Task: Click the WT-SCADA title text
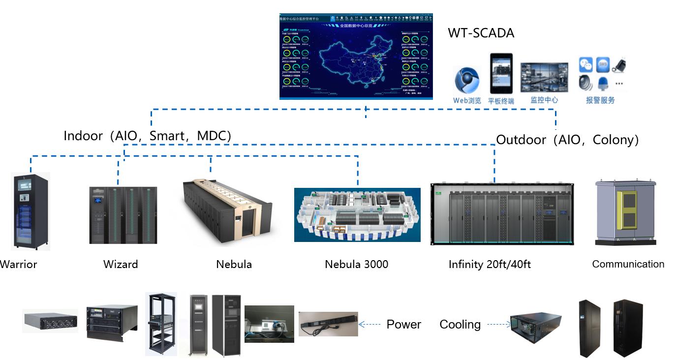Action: [x=481, y=33]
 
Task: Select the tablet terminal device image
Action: [x=501, y=73]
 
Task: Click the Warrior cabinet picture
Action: [x=31, y=211]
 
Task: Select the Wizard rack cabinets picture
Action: [x=123, y=215]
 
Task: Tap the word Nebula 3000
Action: [x=356, y=264]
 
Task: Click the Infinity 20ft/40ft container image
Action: [x=502, y=214]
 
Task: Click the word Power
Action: [x=403, y=324]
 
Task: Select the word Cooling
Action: [x=460, y=324]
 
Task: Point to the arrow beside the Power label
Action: [x=369, y=324]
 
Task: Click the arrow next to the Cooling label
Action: [x=498, y=324]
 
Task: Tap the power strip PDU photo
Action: [x=328, y=324]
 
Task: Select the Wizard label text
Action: [x=121, y=264]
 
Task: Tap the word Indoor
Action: [x=83, y=136]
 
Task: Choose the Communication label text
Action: [x=628, y=264]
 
